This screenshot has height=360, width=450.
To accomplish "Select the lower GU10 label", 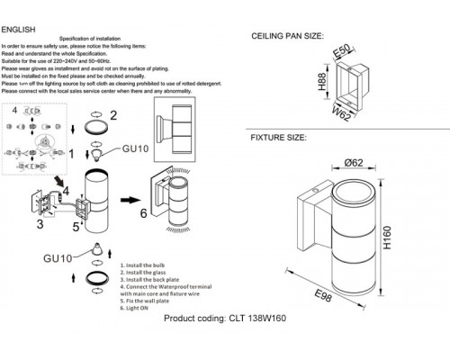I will (58, 259).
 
